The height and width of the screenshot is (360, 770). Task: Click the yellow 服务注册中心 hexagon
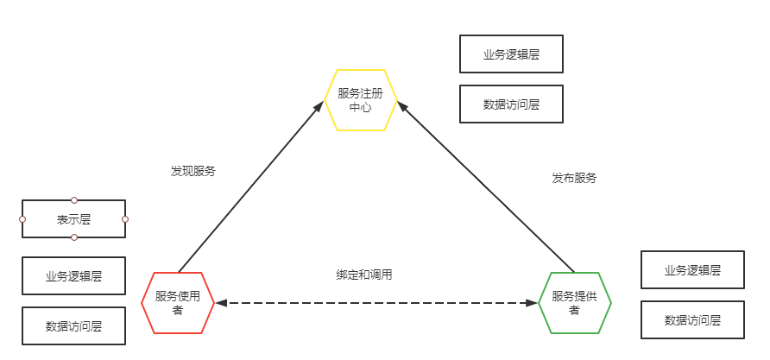tap(360, 100)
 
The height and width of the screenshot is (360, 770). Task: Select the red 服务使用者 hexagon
tap(178, 302)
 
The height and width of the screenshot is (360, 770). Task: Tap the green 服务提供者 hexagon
tap(575, 302)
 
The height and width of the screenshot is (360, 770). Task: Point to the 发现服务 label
tap(193, 171)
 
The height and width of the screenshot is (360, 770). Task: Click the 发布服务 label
tap(574, 178)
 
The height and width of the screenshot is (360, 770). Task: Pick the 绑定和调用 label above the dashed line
tap(364, 275)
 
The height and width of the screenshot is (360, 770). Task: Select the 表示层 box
tap(74, 219)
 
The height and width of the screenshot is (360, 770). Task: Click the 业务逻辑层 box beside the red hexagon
tap(74, 276)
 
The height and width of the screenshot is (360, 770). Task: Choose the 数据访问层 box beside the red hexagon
tap(74, 326)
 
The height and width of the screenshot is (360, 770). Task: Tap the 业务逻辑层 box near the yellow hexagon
tap(511, 54)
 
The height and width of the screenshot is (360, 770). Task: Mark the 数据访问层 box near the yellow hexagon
tap(511, 104)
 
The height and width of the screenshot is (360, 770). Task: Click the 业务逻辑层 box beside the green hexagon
tap(692, 269)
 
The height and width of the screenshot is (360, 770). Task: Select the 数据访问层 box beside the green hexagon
tap(692, 319)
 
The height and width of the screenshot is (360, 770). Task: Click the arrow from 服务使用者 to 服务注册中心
tap(250, 186)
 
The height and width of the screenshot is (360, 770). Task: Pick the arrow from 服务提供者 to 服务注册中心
tap(488, 186)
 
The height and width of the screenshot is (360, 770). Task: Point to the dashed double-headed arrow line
tap(376, 303)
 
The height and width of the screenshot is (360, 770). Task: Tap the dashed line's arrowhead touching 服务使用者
tap(221, 303)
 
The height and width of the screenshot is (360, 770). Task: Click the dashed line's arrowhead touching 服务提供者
tap(532, 303)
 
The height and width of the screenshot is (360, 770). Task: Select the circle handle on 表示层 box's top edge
tap(74, 200)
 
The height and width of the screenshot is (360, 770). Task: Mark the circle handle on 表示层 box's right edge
tap(125, 219)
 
